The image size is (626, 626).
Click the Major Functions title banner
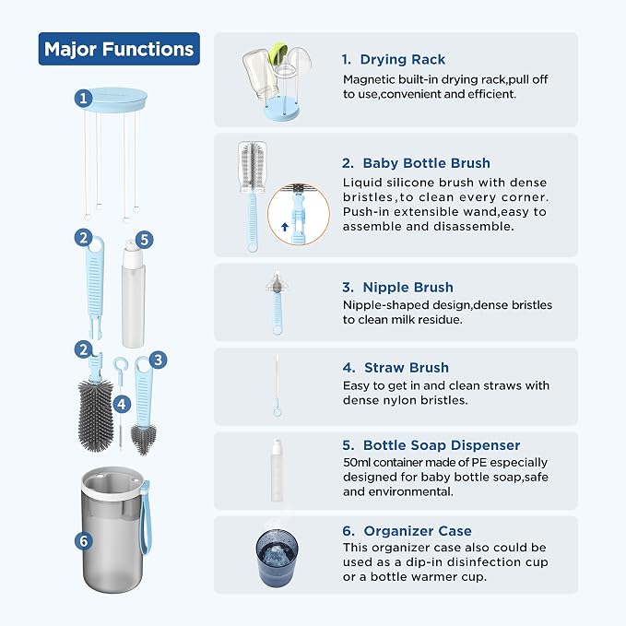pos(119,49)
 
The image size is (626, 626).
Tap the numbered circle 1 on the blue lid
pos(84,99)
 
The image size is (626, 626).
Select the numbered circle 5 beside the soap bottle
pos(145,240)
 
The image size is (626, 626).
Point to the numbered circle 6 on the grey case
pos(84,541)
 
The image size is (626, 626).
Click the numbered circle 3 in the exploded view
pos(158,360)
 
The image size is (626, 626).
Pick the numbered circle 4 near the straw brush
pos(123,404)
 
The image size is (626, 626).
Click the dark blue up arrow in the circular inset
pos(285,227)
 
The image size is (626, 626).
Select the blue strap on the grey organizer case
pos(145,517)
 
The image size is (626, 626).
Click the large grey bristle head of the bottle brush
pos(95,415)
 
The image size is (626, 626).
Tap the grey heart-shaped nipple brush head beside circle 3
pos(143,439)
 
